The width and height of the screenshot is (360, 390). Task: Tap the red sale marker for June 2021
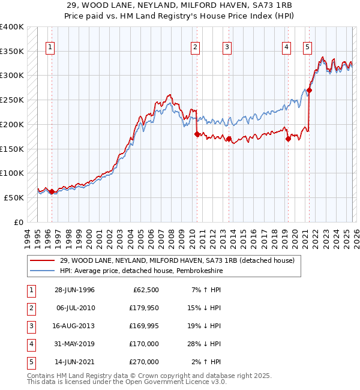tap(310, 91)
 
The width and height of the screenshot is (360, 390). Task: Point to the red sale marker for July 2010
tap(197, 134)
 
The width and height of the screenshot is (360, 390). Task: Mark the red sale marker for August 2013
tap(229, 139)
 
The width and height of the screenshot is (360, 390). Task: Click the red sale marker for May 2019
tap(288, 139)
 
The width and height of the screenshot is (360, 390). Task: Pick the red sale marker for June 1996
tap(52, 192)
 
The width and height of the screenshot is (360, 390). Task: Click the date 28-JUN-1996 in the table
tap(74, 290)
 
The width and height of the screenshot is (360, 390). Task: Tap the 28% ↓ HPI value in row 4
tap(207, 344)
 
